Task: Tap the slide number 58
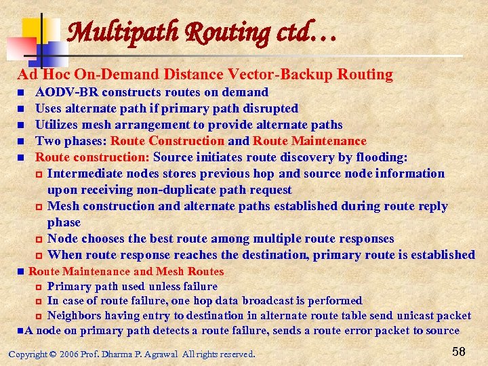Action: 459,351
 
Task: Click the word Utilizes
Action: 57,125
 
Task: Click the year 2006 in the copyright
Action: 70,354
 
